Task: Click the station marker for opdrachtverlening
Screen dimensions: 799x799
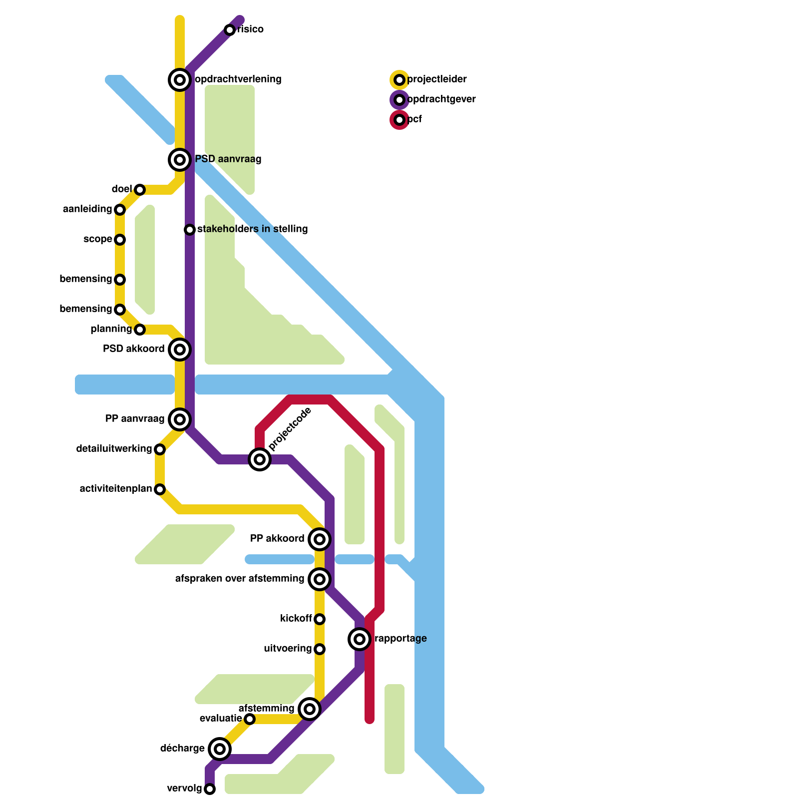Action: [x=180, y=79]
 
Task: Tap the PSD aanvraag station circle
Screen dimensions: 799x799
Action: [x=180, y=160]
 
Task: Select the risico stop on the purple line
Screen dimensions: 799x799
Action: [x=230, y=30]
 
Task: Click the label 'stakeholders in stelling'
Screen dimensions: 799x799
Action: [x=252, y=229]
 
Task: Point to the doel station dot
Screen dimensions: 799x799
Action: [x=140, y=190]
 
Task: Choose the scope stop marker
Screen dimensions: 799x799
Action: [x=120, y=240]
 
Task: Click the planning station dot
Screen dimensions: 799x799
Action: [x=140, y=330]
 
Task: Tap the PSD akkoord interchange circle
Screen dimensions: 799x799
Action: [x=180, y=349]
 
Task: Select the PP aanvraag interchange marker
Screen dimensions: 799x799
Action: [x=180, y=419]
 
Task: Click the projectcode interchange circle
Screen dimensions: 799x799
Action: [x=260, y=459]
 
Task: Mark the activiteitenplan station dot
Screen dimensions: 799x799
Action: [x=160, y=489]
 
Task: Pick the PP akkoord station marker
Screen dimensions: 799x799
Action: [x=320, y=539]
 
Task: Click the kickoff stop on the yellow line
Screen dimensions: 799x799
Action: [x=320, y=619]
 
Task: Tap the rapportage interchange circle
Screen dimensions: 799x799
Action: [x=360, y=639]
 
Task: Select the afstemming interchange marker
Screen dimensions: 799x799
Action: [x=310, y=709]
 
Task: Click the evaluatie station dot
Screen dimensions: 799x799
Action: [x=250, y=719]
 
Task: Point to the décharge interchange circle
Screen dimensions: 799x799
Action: [x=220, y=749]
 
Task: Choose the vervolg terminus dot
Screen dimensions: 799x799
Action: [x=210, y=789]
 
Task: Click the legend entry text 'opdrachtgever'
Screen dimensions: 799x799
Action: [x=441, y=99]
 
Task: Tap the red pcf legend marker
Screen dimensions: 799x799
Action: [x=399, y=120]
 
